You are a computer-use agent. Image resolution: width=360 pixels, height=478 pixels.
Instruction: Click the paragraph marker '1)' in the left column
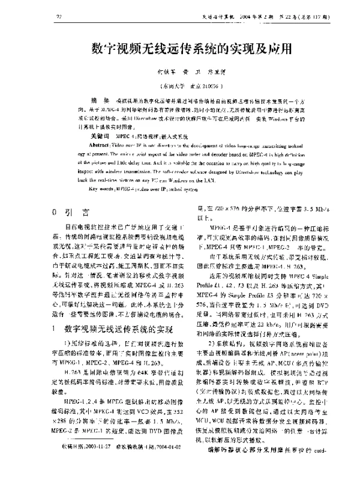coord(69,343)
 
